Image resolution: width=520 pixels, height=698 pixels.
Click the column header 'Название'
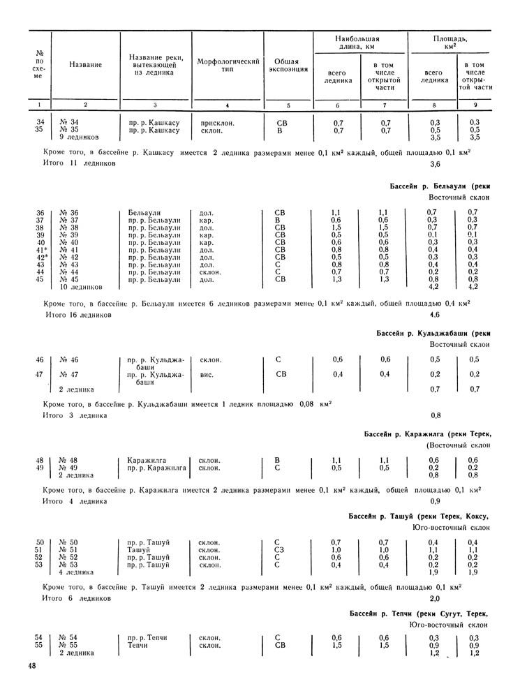tap(86, 65)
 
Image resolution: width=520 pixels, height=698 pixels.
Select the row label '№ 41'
tap(69, 249)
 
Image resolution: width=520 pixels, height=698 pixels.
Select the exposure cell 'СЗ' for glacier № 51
tap(279, 550)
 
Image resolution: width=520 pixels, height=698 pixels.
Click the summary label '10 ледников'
tap(82, 287)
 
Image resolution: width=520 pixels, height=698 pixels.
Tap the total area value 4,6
tap(435, 315)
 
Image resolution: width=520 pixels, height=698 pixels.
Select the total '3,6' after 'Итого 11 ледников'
tap(435, 165)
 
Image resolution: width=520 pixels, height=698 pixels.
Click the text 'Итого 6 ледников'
tap(77, 598)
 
